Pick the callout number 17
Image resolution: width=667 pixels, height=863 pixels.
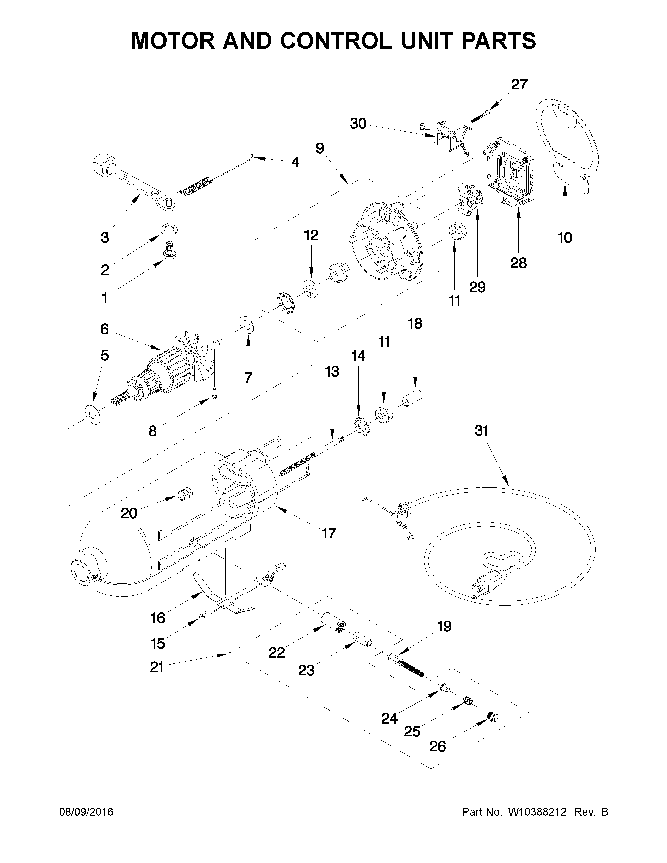(328, 533)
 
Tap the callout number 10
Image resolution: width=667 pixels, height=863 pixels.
(565, 238)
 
